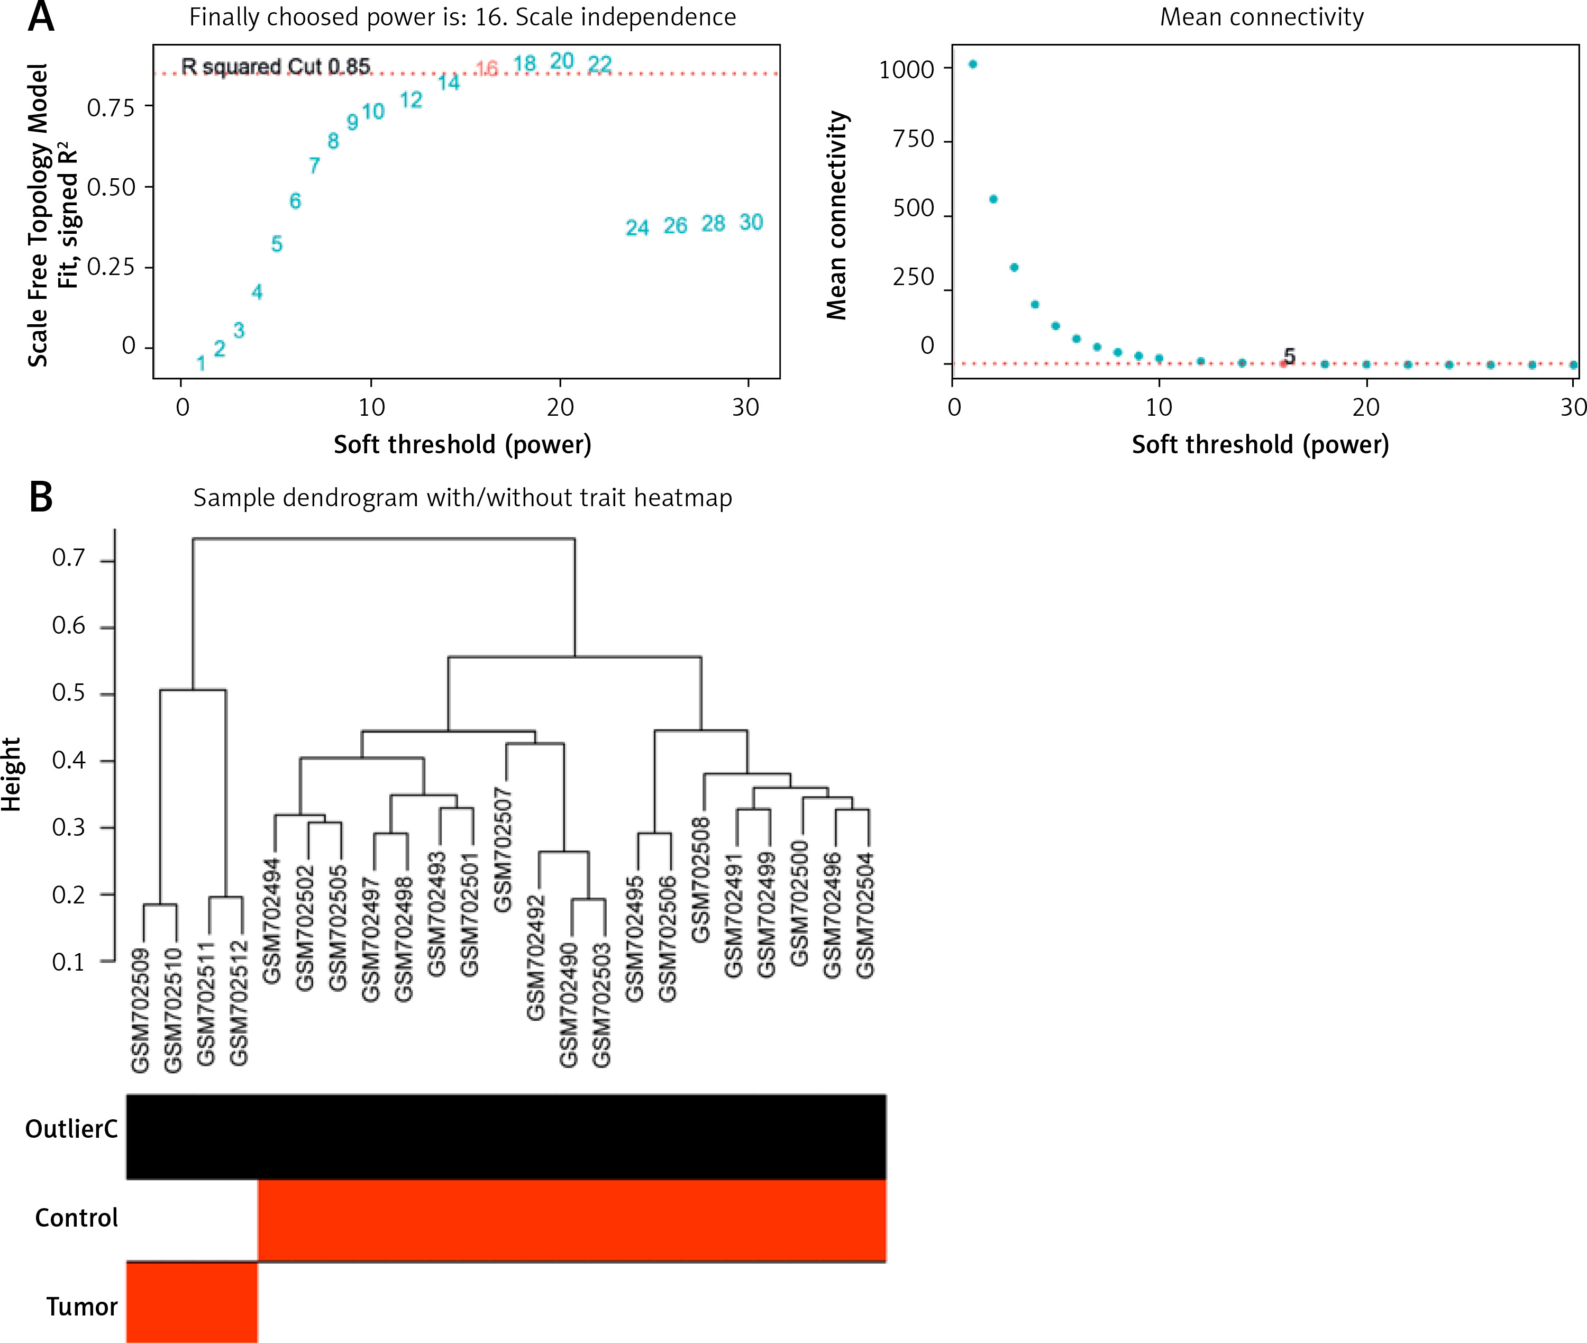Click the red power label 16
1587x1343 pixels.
(x=487, y=69)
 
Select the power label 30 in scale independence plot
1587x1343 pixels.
(x=751, y=222)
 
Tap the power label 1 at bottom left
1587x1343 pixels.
(x=201, y=363)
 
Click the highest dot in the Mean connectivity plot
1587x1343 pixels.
(x=972, y=65)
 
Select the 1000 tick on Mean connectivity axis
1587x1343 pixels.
(x=906, y=70)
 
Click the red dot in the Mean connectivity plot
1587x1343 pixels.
(x=1283, y=364)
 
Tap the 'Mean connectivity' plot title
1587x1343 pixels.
(x=1261, y=17)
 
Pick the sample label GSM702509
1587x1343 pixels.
(x=140, y=1010)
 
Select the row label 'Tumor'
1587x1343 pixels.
(x=81, y=1307)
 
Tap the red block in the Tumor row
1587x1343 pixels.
(x=192, y=1302)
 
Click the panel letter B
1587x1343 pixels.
(x=41, y=497)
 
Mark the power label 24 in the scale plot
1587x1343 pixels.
(x=637, y=227)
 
